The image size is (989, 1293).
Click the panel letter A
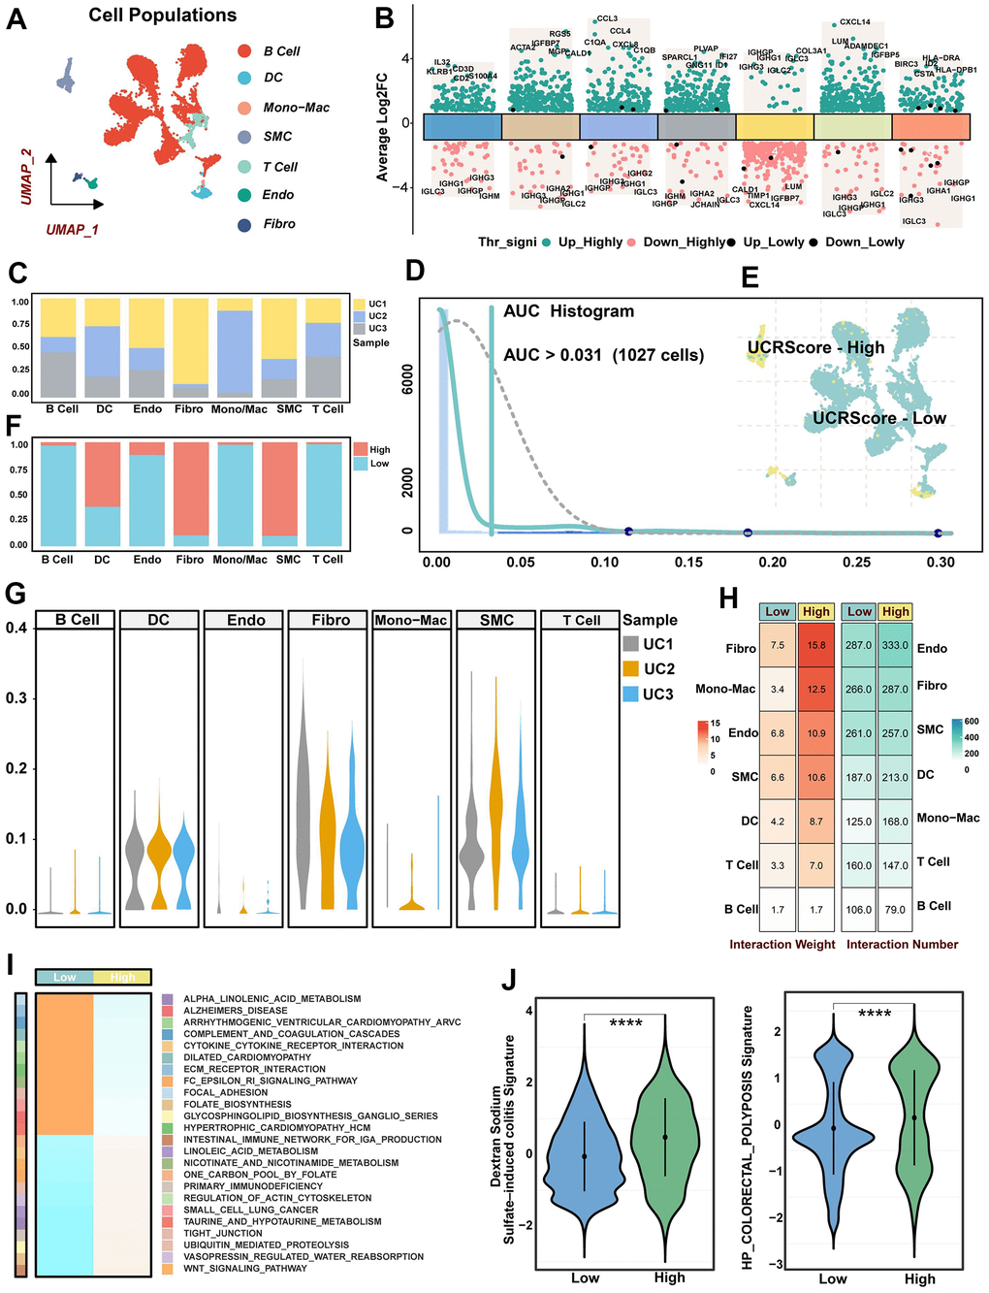pos(16,18)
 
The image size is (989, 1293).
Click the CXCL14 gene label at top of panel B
pos(854,22)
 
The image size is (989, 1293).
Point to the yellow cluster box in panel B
pos(775,127)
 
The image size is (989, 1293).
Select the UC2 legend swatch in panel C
pos(360,316)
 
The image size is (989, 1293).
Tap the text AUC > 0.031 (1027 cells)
pos(603,355)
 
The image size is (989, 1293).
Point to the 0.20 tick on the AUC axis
pos(773,562)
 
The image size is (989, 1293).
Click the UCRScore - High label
pos(815,347)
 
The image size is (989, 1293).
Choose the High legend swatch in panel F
pos(360,450)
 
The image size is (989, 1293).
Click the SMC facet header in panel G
pos(496,621)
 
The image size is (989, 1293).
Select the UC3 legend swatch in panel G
pos(631,695)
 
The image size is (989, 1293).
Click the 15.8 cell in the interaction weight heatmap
pos(816,645)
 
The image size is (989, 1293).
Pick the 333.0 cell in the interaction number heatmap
pos(896,645)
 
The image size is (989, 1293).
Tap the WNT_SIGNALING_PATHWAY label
pos(245,1268)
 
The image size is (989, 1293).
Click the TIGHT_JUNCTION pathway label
pos(223,1233)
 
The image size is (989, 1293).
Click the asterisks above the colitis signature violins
pos(625,1023)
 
